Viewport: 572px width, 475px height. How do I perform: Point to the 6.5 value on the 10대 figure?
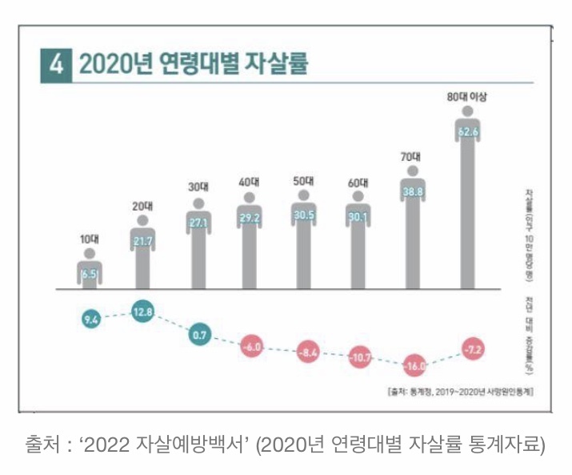[x=89, y=274]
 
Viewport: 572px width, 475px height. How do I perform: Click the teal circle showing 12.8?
[x=143, y=313]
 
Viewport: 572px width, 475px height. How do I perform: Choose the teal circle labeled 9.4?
[x=90, y=321]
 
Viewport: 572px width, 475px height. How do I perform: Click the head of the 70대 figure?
[x=413, y=171]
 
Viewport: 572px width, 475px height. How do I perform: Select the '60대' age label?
[x=359, y=183]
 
